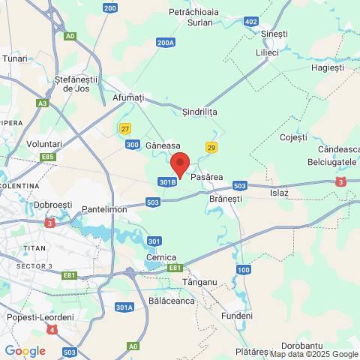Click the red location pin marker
coord(179,163)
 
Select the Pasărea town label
coord(208,177)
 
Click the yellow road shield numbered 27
coord(125,128)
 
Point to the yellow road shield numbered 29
coord(211,148)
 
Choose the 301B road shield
coord(168,181)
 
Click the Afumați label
coord(127,97)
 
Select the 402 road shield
coord(250,22)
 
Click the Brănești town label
coord(226,199)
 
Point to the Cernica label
coord(161,257)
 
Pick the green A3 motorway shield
coord(43,103)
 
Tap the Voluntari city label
coord(44,143)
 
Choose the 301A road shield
coord(124,307)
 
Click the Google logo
coord(25,350)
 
